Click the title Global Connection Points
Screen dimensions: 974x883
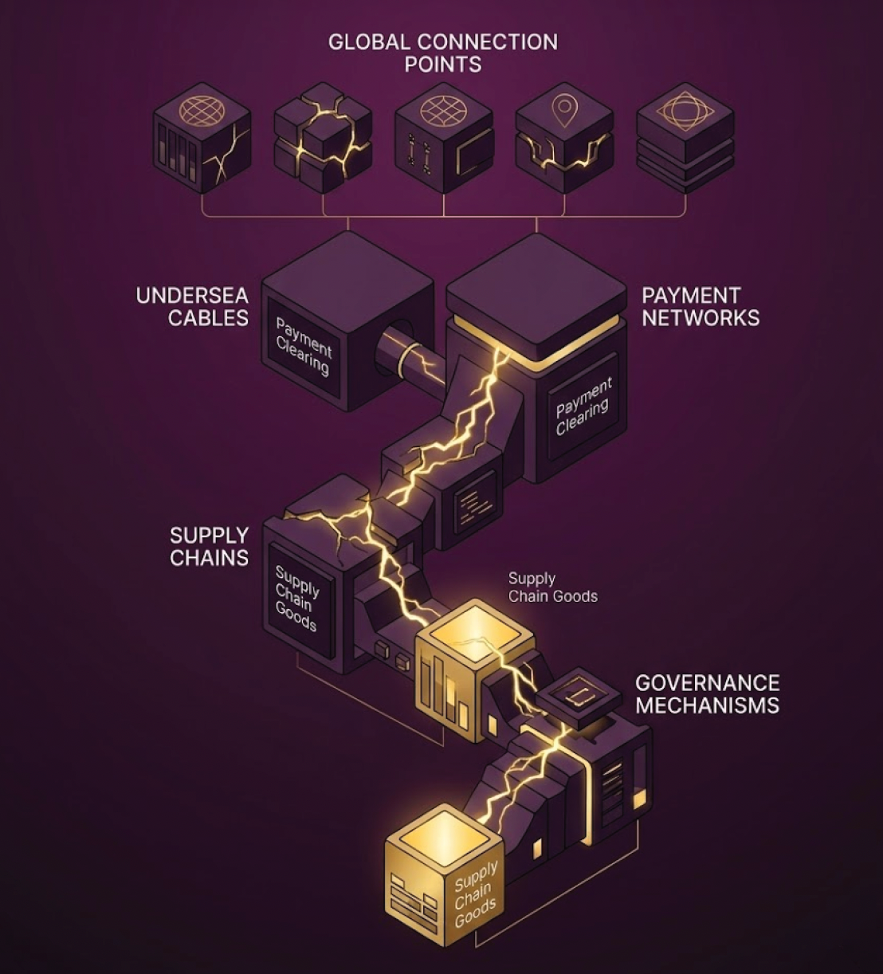[442, 53]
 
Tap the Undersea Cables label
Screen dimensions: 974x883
[192, 306]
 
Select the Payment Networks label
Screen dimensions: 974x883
[701, 306]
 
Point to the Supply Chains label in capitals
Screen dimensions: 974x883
[209, 546]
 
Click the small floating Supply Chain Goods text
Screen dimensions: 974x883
[552, 587]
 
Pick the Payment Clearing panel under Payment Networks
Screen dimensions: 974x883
[584, 406]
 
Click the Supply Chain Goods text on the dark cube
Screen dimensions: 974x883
[296, 597]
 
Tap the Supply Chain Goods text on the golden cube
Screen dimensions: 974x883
[476, 893]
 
